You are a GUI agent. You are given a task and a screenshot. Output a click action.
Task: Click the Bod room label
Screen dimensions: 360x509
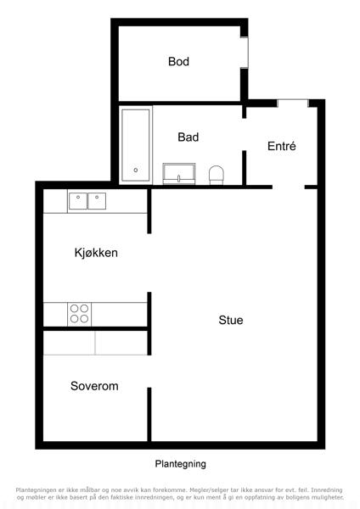tap(178, 61)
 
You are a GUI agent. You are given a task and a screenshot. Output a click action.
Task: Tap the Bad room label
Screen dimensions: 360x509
tap(188, 137)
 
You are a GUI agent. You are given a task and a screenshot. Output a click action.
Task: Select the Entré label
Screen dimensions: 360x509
tap(281, 146)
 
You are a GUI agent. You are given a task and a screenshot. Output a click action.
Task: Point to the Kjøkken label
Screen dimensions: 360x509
tap(96, 253)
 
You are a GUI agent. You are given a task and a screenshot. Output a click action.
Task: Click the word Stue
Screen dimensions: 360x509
tap(231, 320)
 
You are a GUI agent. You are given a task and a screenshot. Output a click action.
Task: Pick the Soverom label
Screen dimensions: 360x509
tap(94, 386)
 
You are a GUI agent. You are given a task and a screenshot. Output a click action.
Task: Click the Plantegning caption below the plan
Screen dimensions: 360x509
tap(180, 464)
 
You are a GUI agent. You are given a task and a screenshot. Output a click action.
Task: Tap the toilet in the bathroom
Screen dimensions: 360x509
tap(216, 176)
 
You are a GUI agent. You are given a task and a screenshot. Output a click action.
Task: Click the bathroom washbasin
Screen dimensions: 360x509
tap(179, 174)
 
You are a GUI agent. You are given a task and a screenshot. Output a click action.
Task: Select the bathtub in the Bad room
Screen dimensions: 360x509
tap(136, 145)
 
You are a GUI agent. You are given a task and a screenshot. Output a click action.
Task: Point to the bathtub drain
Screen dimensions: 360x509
tap(136, 170)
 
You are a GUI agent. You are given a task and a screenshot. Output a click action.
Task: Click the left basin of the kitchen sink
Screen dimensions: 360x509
tap(78, 201)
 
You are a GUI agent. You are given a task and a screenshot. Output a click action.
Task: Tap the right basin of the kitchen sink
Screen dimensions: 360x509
tap(97, 201)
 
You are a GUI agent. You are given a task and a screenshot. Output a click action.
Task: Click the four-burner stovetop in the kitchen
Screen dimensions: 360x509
tap(79, 314)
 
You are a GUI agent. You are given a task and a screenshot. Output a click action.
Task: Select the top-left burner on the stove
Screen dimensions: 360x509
tap(74, 309)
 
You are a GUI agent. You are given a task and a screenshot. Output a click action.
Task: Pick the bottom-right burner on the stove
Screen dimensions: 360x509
tap(84, 319)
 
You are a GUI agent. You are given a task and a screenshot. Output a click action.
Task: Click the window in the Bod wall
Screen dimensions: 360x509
tap(245, 53)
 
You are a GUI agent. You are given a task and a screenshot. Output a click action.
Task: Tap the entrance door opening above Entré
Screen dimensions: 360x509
tap(293, 103)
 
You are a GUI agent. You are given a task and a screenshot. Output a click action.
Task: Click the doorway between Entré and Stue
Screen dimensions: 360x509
tap(289, 187)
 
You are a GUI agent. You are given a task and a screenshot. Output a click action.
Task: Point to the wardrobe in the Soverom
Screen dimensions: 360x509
tap(95, 343)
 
